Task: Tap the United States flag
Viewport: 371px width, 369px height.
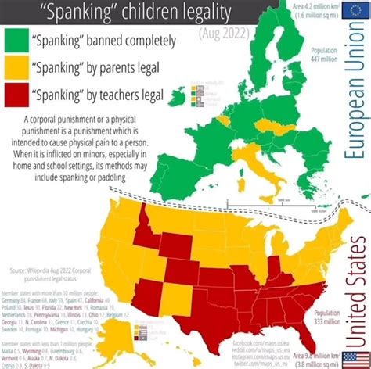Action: click(x=351, y=359)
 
